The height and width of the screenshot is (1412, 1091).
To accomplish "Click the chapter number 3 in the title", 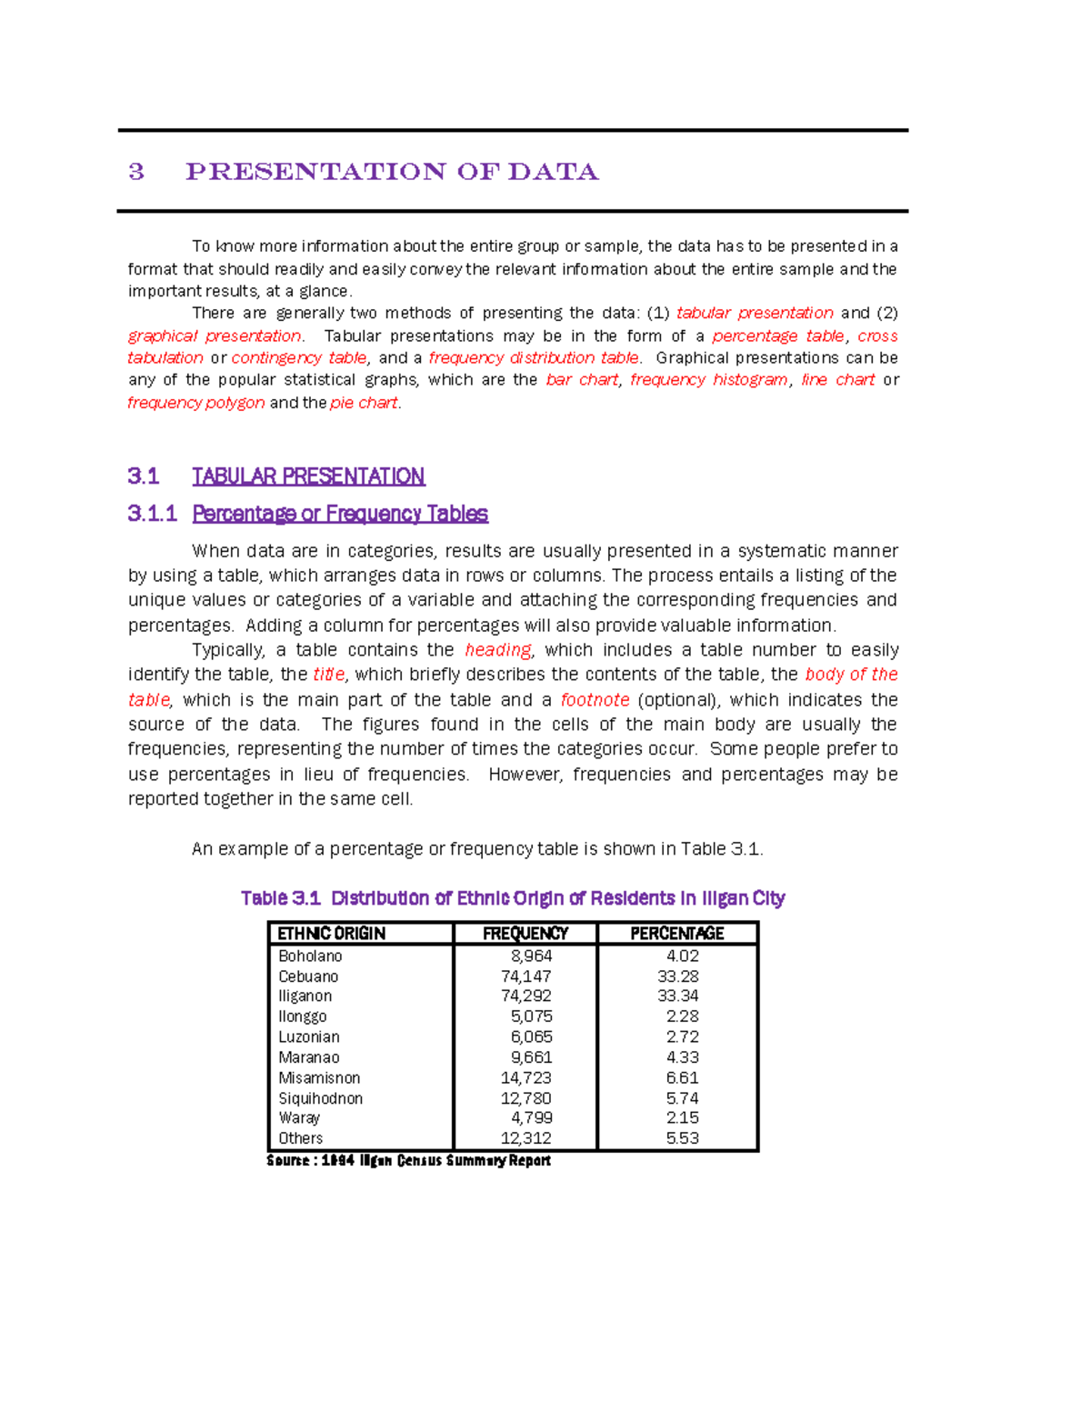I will tap(136, 172).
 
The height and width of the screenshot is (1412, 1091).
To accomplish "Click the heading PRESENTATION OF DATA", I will tap(392, 172).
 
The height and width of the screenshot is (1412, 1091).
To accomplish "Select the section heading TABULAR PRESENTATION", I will tap(308, 476).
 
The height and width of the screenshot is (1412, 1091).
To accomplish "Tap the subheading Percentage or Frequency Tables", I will tap(340, 514).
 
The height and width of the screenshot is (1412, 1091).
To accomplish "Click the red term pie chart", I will tap(364, 403).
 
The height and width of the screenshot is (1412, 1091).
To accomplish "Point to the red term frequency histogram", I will tap(708, 380).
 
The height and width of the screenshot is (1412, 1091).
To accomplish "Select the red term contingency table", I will tap(299, 358).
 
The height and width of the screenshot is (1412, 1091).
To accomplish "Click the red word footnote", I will tap(595, 700).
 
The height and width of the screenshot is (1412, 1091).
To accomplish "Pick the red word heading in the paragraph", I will tap(497, 650).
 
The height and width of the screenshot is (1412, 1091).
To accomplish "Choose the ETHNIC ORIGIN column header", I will tap(332, 934).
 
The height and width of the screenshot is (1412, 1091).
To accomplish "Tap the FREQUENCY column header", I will tap(525, 934).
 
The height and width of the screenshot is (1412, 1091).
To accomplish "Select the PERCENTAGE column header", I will tap(677, 934).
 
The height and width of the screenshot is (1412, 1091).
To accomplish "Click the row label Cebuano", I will tap(308, 976).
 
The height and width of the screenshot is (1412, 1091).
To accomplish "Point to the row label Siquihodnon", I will tap(320, 1098).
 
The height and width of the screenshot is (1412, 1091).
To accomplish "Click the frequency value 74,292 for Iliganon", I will tap(526, 996).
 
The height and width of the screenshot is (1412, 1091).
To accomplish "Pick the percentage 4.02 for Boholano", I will tap(682, 956).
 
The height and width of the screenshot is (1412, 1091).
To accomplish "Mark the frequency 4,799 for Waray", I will tap(531, 1118).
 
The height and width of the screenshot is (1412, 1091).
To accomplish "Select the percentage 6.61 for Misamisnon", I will tap(682, 1078).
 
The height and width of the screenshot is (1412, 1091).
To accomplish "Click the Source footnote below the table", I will tap(408, 1161).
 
